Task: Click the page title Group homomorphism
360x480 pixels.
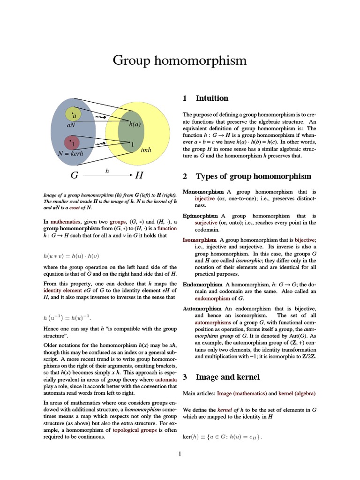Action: click(x=180, y=60)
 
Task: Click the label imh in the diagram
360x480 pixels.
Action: click(x=146, y=150)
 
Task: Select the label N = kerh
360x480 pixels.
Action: click(x=70, y=153)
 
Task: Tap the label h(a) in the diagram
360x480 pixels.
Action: click(x=135, y=124)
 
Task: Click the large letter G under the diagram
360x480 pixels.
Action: click(x=74, y=176)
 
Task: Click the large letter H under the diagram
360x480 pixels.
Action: click(x=139, y=176)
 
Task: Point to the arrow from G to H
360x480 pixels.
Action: click(x=107, y=176)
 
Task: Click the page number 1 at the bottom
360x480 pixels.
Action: click(x=180, y=453)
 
